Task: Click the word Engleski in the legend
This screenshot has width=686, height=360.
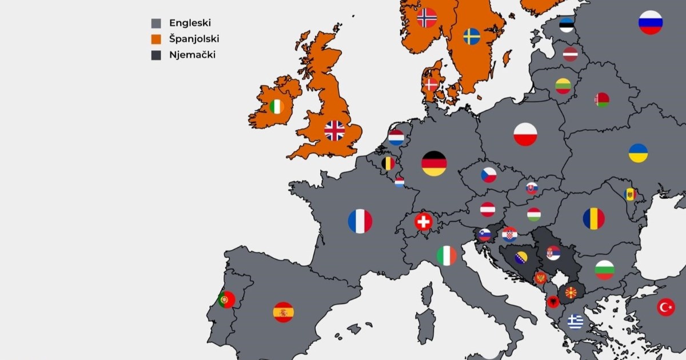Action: [x=190, y=23]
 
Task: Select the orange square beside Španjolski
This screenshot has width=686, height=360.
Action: [x=156, y=39]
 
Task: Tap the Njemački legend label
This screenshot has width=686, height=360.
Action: [x=192, y=55]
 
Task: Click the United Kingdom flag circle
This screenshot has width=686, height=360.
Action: [x=334, y=131]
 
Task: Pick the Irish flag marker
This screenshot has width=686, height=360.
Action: [x=277, y=107]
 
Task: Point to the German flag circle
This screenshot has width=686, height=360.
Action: [x=434, y=163]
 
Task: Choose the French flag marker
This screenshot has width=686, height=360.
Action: [x=360, y=221]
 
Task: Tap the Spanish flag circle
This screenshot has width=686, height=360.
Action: [x=283, y=312]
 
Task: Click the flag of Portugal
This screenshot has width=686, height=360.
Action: [x=226, y=299]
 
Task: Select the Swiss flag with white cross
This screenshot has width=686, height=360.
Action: [x=424, y=222]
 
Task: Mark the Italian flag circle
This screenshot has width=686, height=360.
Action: [x=447, y=255]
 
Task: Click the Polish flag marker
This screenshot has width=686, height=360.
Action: [x=525, y=134]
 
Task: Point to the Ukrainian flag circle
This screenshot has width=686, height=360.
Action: [x=638, y=153]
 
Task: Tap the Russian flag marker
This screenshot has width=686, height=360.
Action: [x=651, y=23]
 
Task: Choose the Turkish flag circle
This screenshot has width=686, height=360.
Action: [x=666, y=307]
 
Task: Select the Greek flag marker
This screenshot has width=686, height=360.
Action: [x=575, y=322]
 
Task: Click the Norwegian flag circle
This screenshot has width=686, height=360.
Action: [x=427, y=18]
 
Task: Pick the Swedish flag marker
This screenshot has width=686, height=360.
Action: [x=472, y=37]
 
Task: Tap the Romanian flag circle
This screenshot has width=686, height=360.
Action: [x=593, y=219]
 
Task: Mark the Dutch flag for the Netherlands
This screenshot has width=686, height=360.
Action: [x=396, y=138]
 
